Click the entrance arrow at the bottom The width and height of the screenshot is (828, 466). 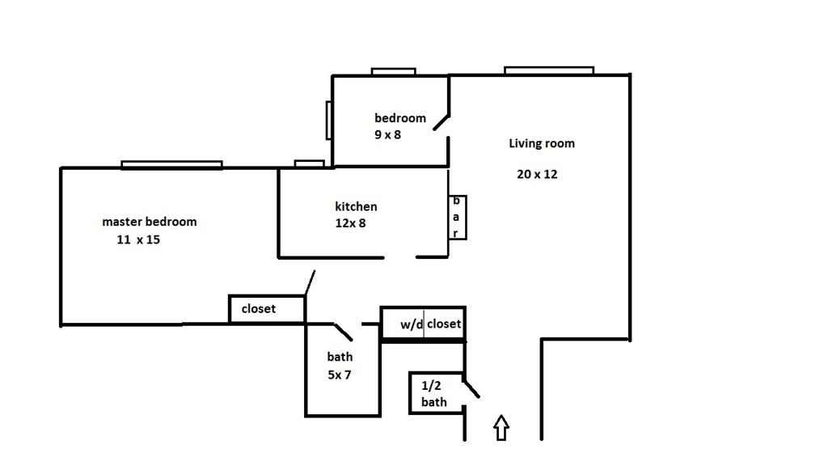[x=501, y=428]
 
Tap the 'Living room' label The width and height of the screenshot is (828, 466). [x=542, y=144]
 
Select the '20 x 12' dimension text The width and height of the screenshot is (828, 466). [x=537, y=174]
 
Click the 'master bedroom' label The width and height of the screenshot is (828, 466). [x=149, y=222]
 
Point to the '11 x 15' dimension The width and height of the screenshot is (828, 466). [x=137, y=239]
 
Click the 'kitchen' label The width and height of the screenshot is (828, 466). [x=356, y=206]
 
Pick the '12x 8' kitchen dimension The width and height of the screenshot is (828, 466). [x=350, y=223]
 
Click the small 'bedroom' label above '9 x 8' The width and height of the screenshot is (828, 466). [x=399, y=118]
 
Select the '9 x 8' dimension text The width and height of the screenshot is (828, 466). [x=387, y=135]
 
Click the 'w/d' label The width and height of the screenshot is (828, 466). [x=412, y=324]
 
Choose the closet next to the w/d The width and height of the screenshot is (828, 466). [x=444, y=324]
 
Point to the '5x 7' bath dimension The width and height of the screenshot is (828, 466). [x=339, y=375]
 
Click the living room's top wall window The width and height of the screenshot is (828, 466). [x=549, y=71]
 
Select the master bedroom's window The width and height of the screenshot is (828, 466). [x=171, y=165]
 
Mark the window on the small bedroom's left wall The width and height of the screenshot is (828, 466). [x=329, y=120]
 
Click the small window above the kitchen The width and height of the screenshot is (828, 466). [x=309, y=164]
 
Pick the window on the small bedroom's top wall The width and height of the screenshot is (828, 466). [x=393, y=72]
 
